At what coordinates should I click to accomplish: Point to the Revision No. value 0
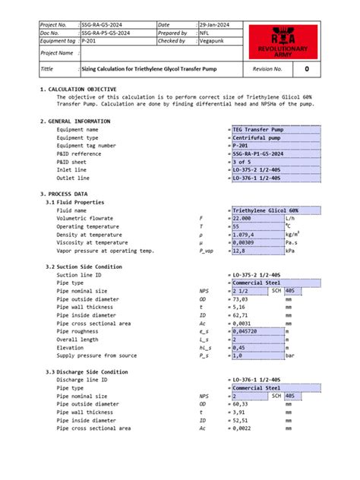(x=306, y=68)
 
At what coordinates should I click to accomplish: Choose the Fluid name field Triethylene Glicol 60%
(x=266, y=210)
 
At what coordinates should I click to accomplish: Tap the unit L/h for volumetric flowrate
(x=290, y=218)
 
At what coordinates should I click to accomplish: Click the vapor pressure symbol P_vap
(x=207, y=251)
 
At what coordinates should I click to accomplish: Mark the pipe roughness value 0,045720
(x=248, y=331)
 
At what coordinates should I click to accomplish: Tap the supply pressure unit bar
(x=289, y=355)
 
